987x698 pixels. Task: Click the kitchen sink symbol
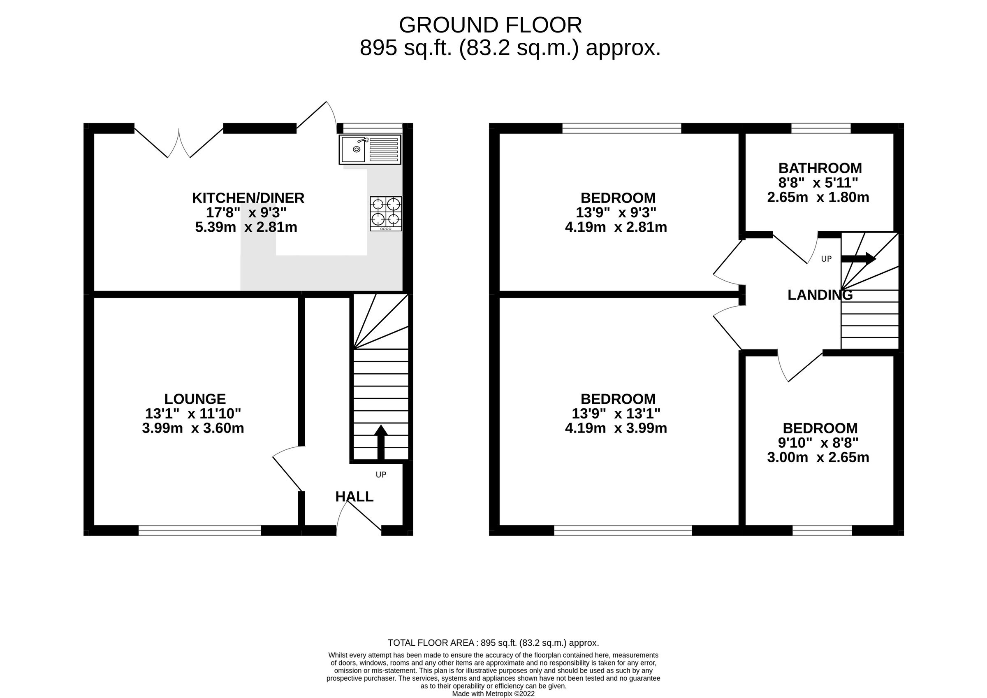[370, 149]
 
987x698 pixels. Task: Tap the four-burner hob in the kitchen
[386, 213]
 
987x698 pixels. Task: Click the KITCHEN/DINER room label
[248, 198]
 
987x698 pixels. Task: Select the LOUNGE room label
[195, 399]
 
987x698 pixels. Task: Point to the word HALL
[354, 497]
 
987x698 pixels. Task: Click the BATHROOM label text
[820, 168]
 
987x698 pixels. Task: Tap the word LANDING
[820, 295]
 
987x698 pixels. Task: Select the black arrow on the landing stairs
[858, 258]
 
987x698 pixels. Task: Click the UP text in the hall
[381, 475]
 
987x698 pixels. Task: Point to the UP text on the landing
[826, 259]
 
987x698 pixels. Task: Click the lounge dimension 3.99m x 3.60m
[193, 428]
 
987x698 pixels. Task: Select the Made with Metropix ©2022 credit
[493, 694]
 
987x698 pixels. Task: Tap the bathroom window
[820, 128]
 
